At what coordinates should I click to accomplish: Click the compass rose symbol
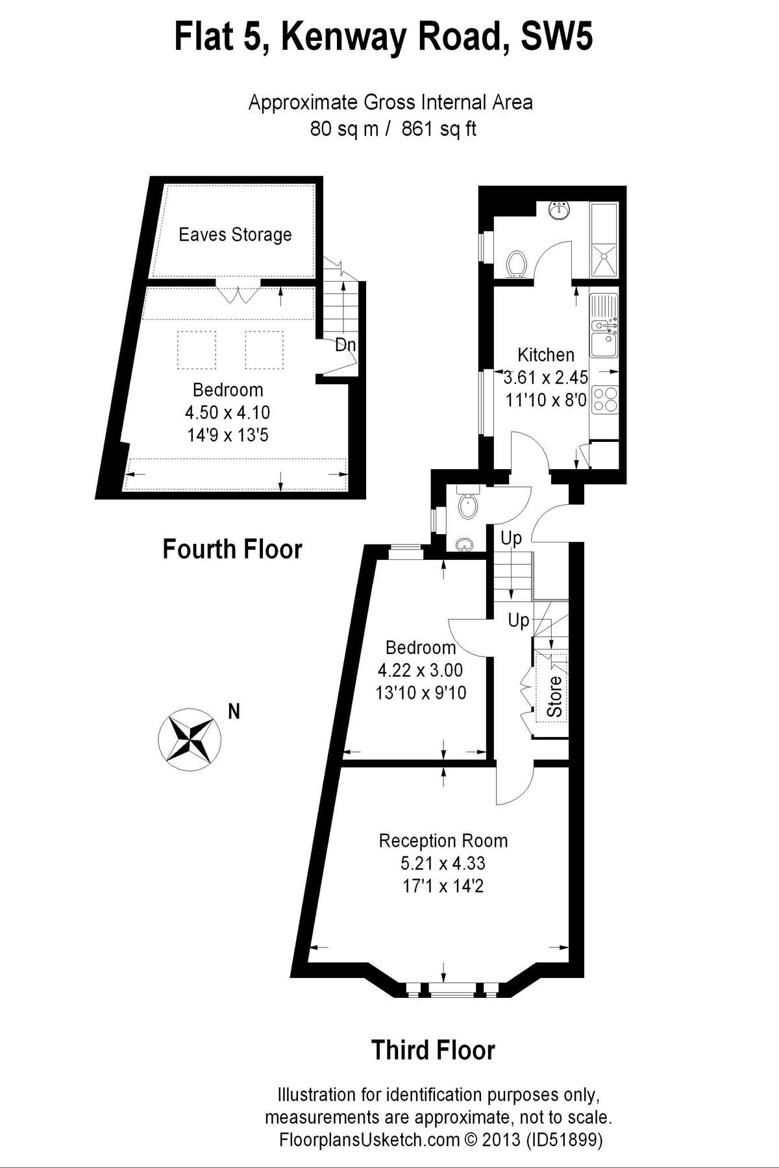point(190,739)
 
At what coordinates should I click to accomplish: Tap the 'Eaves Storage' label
point(235,234)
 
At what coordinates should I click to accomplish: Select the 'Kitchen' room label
point(546,354)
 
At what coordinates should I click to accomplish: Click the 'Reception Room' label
point(443,841)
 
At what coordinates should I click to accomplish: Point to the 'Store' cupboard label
point(554,696)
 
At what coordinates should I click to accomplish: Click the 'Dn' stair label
point(345,345)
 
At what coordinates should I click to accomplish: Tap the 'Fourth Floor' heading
point(232,549)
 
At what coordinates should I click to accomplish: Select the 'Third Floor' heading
point(433,1049)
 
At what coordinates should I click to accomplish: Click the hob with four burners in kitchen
point(604,398)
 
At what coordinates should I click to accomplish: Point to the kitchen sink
point(604,342)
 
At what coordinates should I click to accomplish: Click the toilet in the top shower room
point(518,263)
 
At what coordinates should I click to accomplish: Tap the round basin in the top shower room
point(558,210)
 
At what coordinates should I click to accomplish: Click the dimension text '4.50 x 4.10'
point(228,412)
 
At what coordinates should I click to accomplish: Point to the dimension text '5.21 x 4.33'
point(443,864)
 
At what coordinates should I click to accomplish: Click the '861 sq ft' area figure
point(439,128)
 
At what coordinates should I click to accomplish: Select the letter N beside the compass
point(234,711)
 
